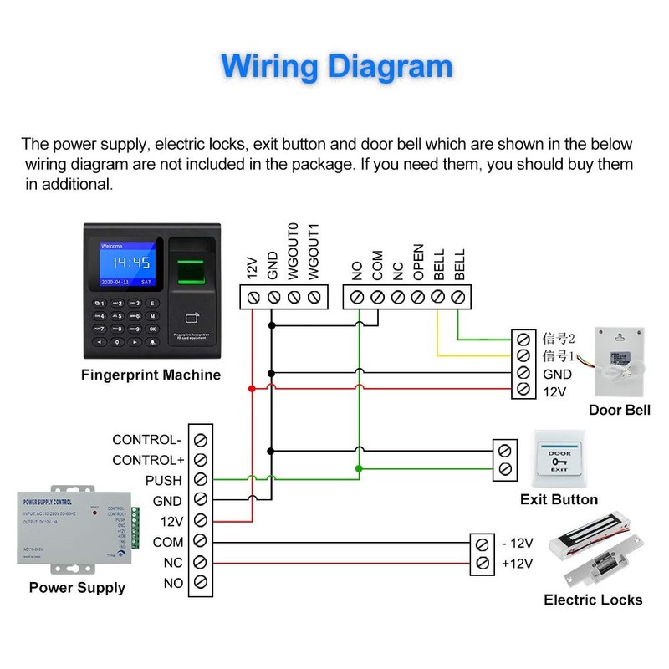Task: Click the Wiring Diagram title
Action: (337, 66)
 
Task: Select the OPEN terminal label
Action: (418, 261)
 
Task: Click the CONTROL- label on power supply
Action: (146, 440)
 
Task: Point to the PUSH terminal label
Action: (163, 481)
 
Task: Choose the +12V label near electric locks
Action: (517, 564)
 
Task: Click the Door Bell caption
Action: (619, 410)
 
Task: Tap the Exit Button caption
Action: (559, 499)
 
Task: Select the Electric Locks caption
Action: (593, 600)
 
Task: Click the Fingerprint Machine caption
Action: (151, 375)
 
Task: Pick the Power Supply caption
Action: (77, 588)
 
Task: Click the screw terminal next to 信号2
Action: (523, 340)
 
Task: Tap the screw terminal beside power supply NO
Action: (200, 583)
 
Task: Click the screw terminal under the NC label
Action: (397, 297)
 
